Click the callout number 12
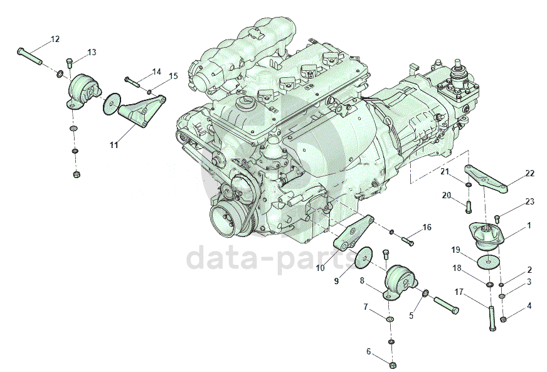55,39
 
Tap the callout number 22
529,173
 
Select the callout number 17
459,291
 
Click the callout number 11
114,145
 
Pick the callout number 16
427,227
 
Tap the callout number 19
457,250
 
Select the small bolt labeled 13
69,63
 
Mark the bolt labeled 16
407,240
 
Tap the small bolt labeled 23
497,218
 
